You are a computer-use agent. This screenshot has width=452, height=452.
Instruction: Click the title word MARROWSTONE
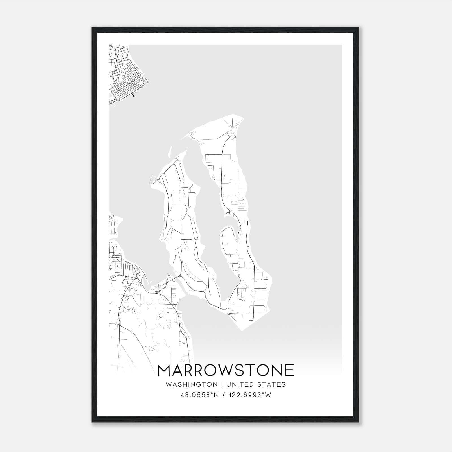[x=226, y=370]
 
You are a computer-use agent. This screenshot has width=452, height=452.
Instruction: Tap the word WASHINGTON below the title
[x=192, y=384]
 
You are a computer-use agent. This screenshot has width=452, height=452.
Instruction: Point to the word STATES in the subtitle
[x=271, y=384]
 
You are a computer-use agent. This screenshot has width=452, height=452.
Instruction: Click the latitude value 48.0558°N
[x=200, y=395]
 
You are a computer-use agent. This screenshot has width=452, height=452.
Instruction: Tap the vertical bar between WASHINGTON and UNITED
[x=222, y=384]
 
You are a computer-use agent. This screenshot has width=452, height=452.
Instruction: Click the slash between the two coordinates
[x=223, y=395]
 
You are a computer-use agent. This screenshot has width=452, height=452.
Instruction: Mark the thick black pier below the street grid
[x=133, y=95]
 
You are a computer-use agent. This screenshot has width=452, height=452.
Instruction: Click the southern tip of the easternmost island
[x=242, y=330]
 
